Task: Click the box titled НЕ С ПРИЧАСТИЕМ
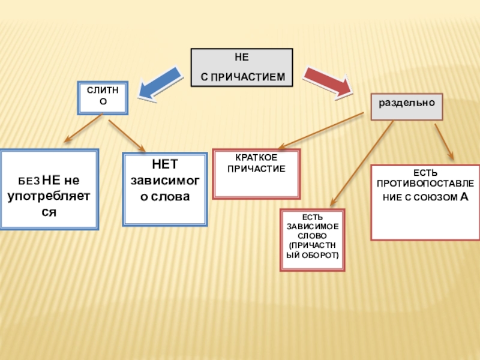[x=242, y=68]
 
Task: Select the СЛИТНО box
[x=102, y=98]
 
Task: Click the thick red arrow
[x=327, y=82]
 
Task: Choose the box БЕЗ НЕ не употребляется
[x=49, y=190]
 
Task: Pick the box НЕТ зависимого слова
[x=164, y=188]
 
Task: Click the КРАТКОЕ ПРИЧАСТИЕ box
[x=256, y=174]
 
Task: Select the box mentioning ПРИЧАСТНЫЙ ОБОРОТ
[x=312, y=239]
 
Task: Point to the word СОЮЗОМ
[x=427, y=197]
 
